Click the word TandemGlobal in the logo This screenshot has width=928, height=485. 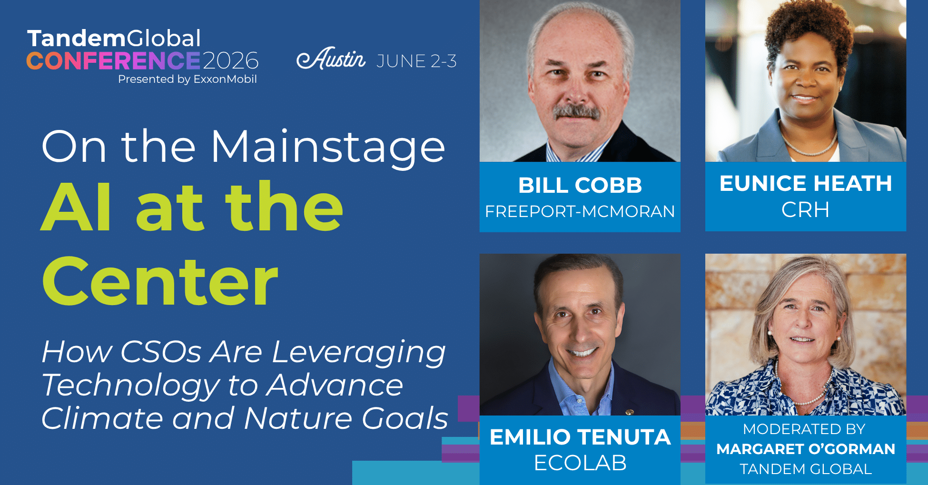click(114, 39)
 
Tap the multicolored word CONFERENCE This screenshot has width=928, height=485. click(113, 61)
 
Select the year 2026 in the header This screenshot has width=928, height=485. click(231, 61)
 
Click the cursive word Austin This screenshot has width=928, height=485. click(331, 59)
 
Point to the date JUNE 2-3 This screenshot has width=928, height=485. click(416, 61)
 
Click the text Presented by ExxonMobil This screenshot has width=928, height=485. click(188, 79)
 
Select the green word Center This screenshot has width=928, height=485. click(160, 282)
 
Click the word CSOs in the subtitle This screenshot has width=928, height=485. click(161, 352)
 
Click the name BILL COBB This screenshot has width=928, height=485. click(580, 185)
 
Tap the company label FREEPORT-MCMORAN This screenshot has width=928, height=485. click(580, 211)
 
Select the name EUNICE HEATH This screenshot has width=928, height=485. click(806, 183)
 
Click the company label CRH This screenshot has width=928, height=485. click(806, 209)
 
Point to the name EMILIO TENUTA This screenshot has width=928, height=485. click(580, 437)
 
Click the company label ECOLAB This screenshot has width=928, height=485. click(580, 463)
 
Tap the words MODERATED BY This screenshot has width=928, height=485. click(804, 429)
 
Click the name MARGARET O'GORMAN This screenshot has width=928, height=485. click(806, 449)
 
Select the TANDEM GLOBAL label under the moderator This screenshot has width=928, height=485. click(806, 469)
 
